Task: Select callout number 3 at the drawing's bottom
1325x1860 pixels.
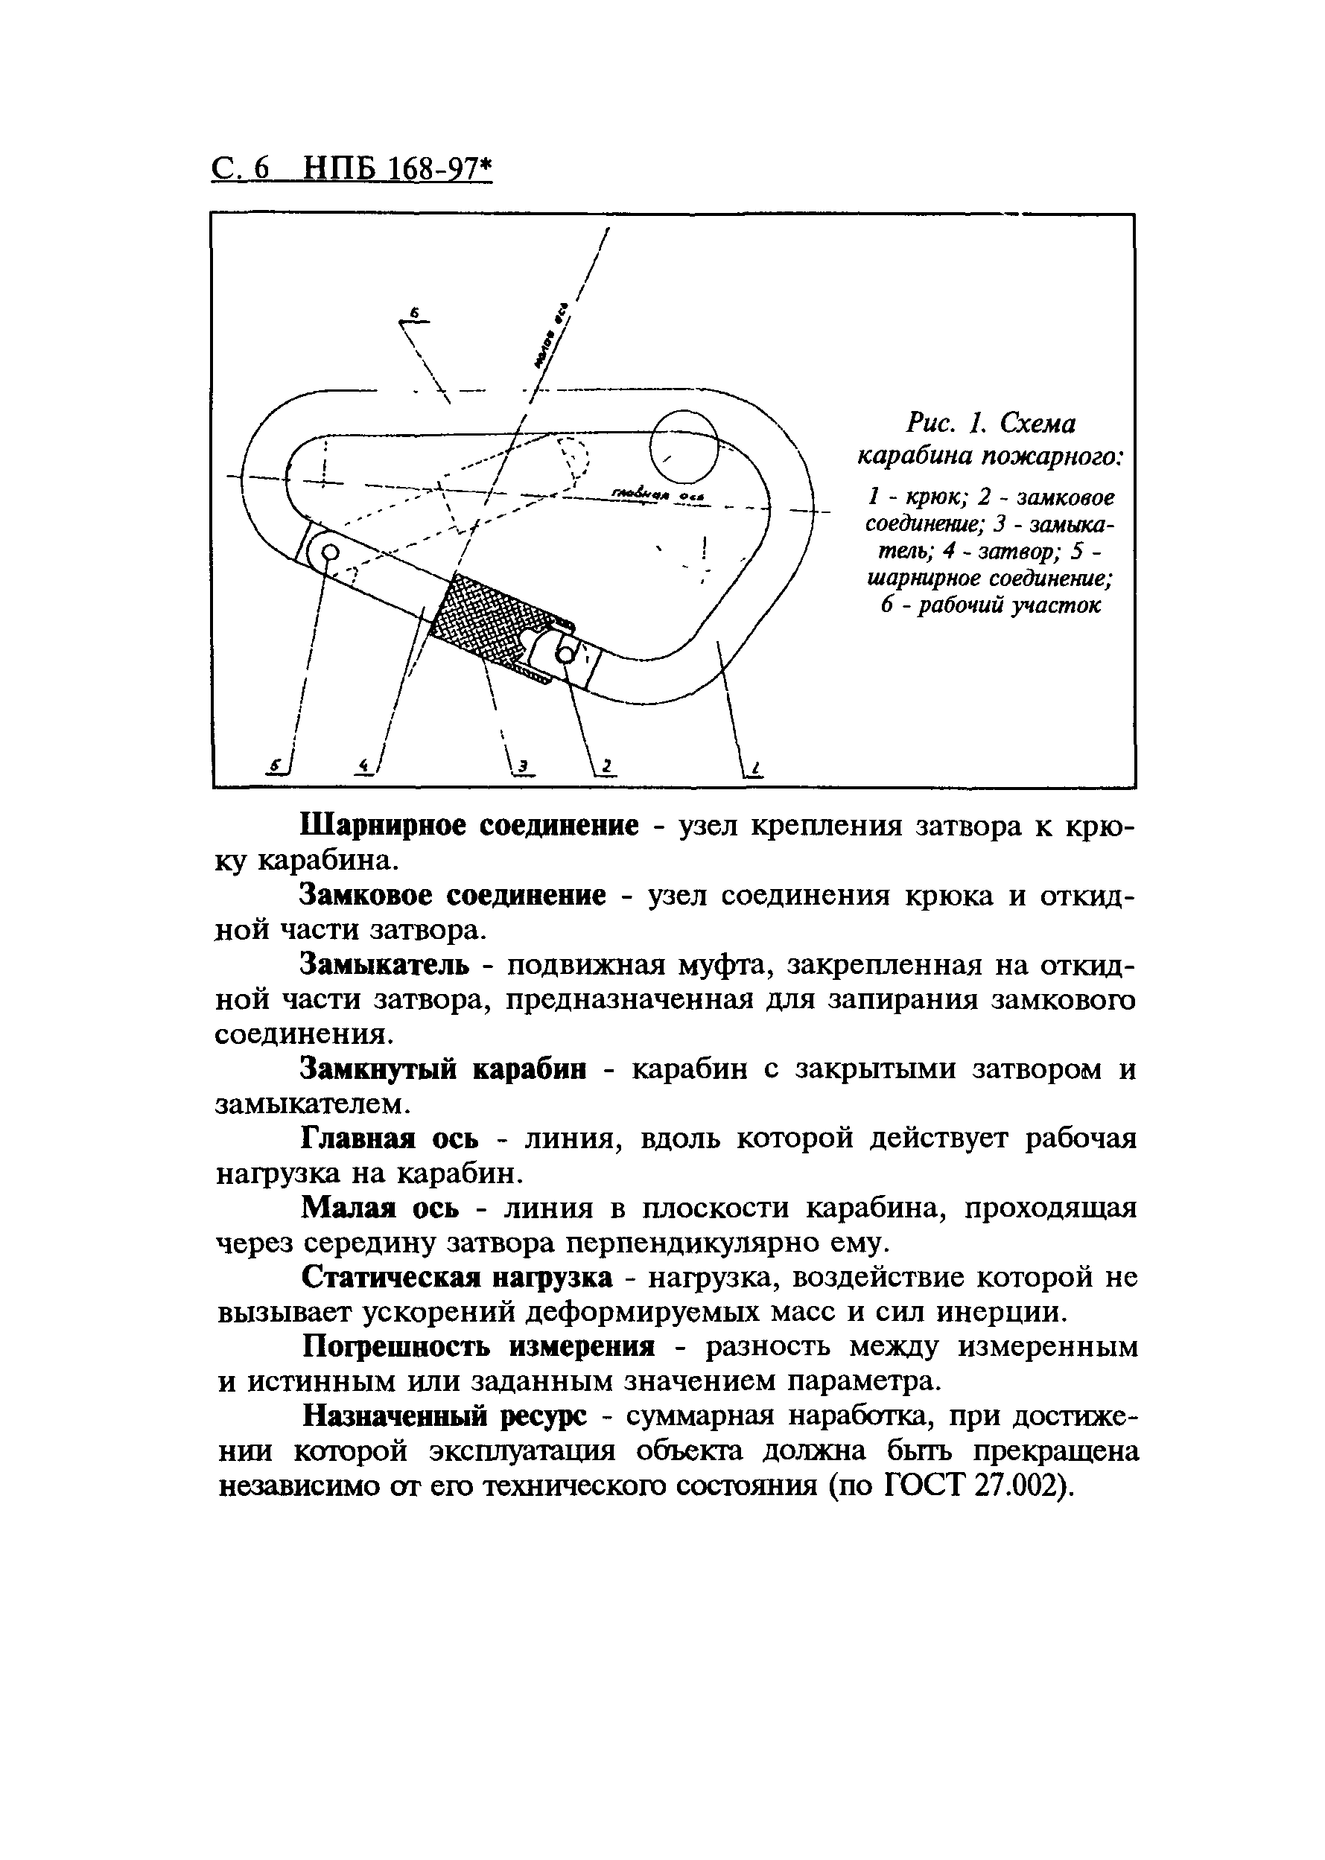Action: (x=524, y=765)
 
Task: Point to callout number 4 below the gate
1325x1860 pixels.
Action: (x=365, y=765)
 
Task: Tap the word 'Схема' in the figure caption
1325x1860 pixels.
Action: (x=1038, y=423)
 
